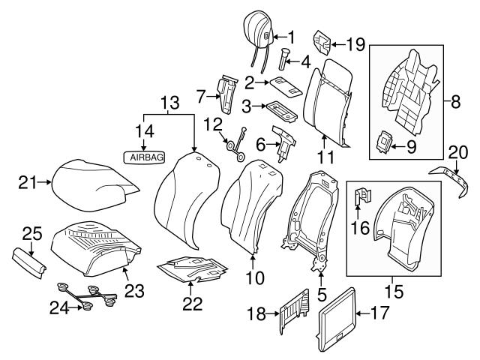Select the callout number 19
tap(355, 44)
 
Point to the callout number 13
tap(170, 100)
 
